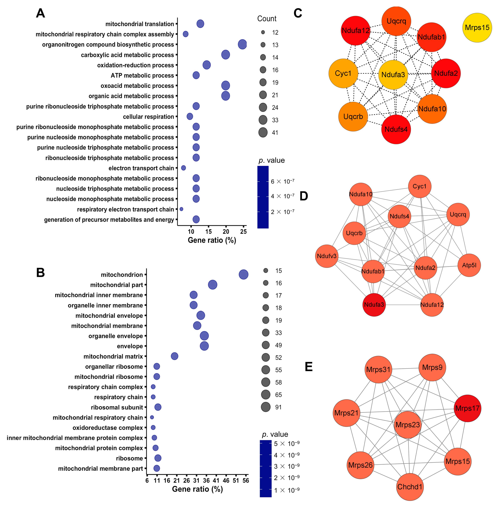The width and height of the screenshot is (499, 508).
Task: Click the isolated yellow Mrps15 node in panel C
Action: coord(477,27)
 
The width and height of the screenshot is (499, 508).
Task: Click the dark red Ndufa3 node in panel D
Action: coord(374,305)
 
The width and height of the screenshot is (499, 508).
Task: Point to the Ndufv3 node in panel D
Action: coord(327,256)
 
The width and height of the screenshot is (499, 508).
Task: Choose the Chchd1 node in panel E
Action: coord(410,487)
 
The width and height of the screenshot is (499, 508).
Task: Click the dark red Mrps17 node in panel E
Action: coord(467,408)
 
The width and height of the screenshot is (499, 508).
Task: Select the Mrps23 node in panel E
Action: coord(408,425)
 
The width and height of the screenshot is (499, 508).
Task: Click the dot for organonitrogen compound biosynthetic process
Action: coord(242,44)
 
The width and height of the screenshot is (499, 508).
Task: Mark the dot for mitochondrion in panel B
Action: coord(243,274)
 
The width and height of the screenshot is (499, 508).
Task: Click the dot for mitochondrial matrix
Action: coord(175,356)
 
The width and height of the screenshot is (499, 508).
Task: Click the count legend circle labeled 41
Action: coord(263,133)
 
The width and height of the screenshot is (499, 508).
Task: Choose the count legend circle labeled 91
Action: coord(266,407)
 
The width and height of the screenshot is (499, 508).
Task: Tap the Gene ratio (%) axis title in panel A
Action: coord(212,240)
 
